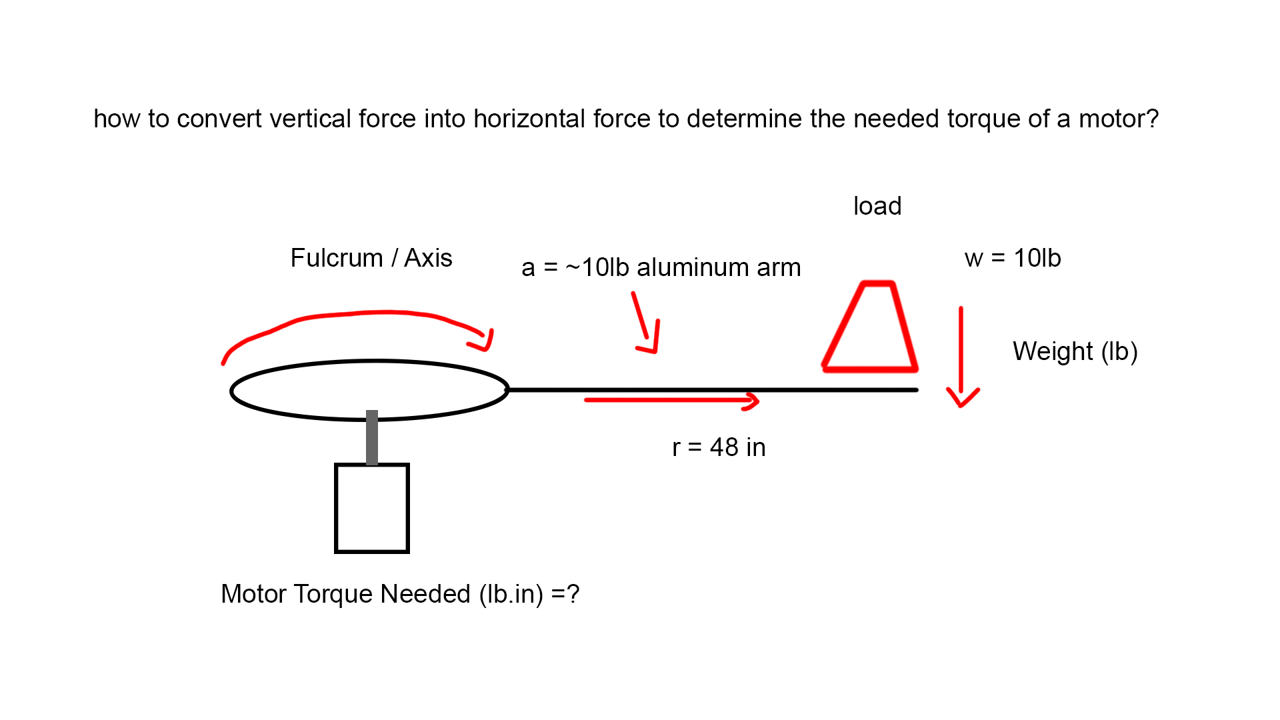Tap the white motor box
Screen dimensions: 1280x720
[372, 508]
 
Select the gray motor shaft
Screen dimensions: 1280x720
[372, 437]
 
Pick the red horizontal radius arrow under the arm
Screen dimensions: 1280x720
[671, 400]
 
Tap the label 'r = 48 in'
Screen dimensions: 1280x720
[719, 447]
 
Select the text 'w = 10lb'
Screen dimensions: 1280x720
[1012, 258]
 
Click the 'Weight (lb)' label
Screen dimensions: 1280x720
[1075, 351]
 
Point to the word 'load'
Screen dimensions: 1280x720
[877, 206]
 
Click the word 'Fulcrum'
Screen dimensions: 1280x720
[337, 258]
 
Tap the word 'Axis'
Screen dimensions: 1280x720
[428, 258]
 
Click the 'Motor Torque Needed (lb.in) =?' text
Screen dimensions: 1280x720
[400, 593]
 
